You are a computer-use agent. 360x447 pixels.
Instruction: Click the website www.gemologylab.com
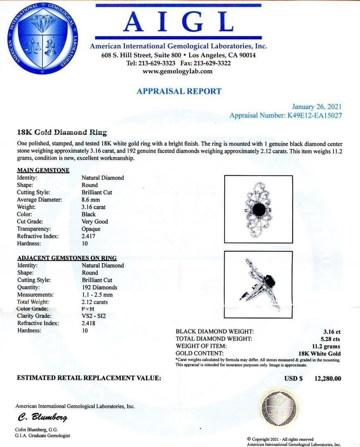pyautogui.click(x=178, y=71)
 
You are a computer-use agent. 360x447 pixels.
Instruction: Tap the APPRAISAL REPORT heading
pyautogui.click(x=179, y=91)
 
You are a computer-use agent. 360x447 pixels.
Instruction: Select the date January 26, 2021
pyautogui.click(x=317, y=107)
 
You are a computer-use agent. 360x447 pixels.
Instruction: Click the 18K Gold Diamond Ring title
pyautogui.click(x=62, y=133)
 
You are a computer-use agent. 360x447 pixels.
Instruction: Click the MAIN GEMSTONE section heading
pyautogui.click(x=43, y=170)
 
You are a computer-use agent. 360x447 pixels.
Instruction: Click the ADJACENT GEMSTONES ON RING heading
pyautogui.click(x=67, y=258)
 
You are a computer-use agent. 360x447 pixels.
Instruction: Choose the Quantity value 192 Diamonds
pyautogui.click(x=99, y=287)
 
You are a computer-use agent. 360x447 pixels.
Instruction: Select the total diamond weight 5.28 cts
pyautogui.click(x=330, y=339)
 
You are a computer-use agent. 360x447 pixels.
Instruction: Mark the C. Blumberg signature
pyautogui.click(x=42, y=417)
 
